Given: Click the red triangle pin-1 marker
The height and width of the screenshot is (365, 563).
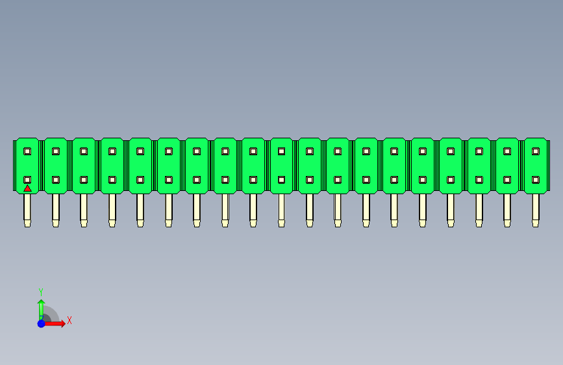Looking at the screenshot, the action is click(x=27, y=188).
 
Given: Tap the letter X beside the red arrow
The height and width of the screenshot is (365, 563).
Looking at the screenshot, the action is click(x=69, y=320).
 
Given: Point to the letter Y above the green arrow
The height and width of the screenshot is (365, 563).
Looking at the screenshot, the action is click(x=41, y=292).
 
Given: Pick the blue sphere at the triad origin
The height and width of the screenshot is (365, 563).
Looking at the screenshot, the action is click(x=42, y=323).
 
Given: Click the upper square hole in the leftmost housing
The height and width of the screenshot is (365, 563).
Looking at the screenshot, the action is click(x=27, y=151).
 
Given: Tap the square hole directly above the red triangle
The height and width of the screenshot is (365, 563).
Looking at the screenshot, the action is click(x=27, y=180).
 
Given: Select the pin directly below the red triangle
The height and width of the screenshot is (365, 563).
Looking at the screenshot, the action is click(x=27, y=210).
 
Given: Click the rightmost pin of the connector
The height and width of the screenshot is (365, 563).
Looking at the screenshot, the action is click(x=535, y=210).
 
